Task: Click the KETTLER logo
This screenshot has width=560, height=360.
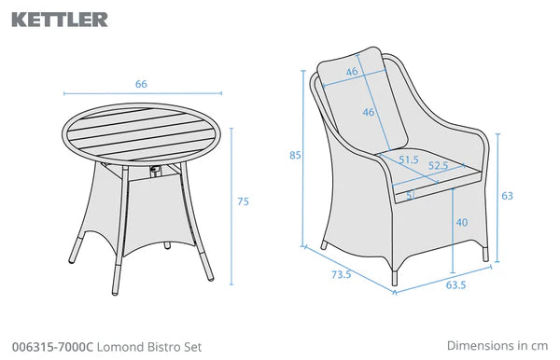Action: [x=60, y=20]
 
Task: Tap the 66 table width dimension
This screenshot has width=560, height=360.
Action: [x=141, y=84]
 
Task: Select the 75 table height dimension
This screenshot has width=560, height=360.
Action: [x=244, y=201]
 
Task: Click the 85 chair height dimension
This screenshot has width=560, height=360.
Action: [x=295, y=155]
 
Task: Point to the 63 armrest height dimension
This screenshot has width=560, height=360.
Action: [x=507, y=196]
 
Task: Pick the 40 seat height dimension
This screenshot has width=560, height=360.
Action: [x=462, y=222]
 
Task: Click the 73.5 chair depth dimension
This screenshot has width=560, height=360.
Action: [x=342, y=274]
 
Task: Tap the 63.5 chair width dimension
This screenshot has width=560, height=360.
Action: [x=455, y=285]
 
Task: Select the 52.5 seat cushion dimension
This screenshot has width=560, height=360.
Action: [x=439, y=166]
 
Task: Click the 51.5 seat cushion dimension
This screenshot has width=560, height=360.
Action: [x=409, y=159]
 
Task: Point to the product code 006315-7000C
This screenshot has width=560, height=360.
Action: [x=52, y=347]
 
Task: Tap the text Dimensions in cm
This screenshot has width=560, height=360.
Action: [x=497, y=345]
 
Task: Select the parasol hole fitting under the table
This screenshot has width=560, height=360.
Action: [x=156, y=171]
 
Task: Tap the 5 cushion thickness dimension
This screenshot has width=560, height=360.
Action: [x=411, y=195]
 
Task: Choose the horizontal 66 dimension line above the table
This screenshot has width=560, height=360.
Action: [x=143, y=93]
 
